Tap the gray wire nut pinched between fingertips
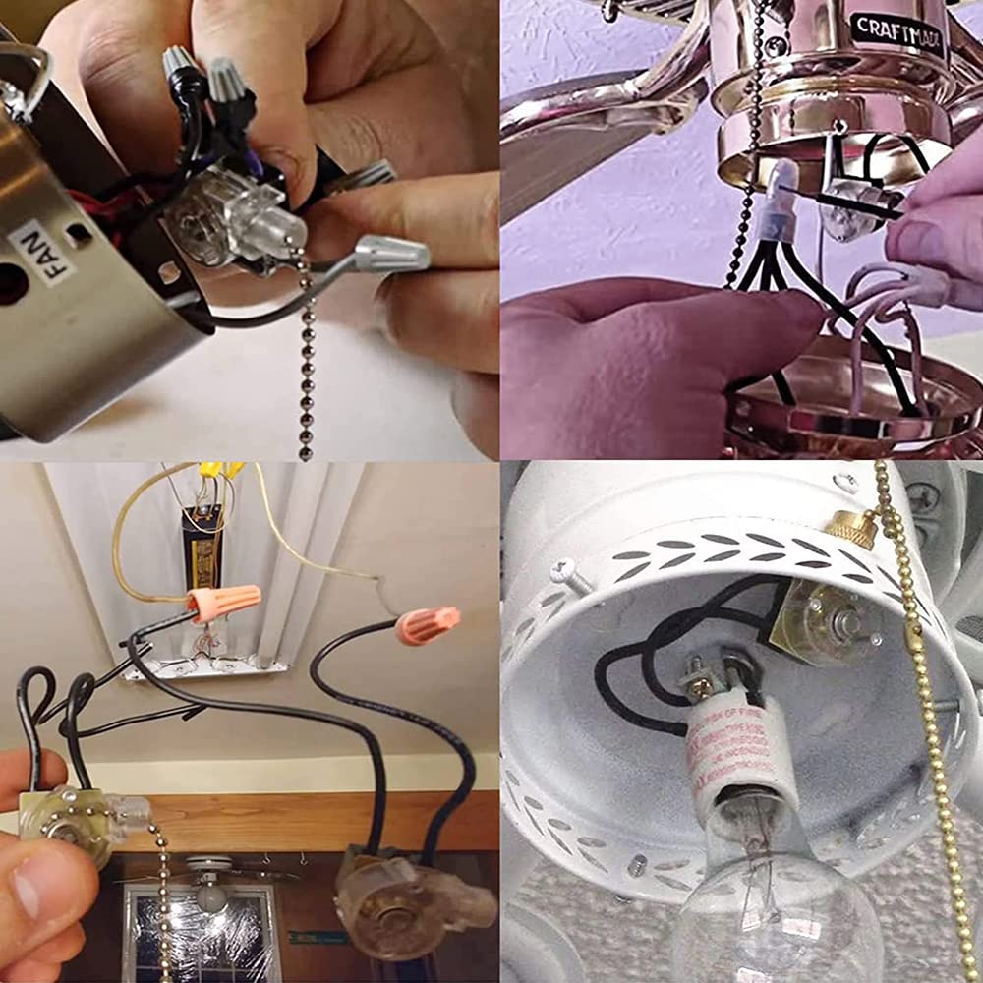point(391,255)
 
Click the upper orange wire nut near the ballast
point(225,602)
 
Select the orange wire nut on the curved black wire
point(428,625)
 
